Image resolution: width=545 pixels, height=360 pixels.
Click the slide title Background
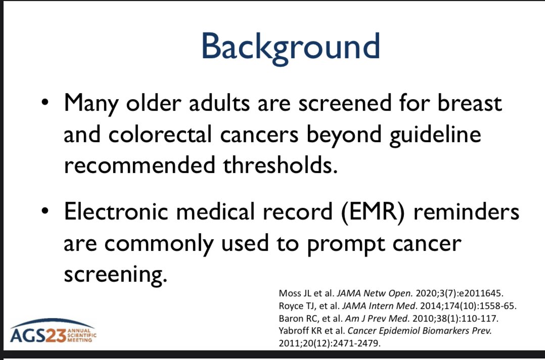click(x=290, y=47)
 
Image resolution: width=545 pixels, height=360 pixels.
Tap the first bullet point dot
click(x=45, y=103)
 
